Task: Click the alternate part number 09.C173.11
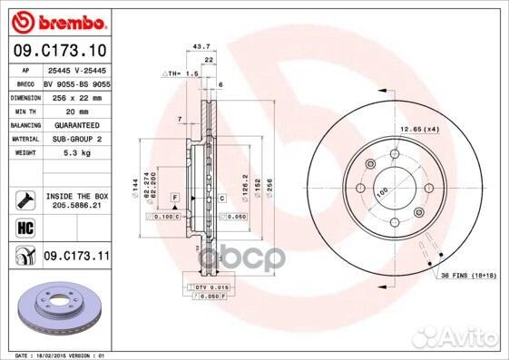(x=76, y=258)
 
